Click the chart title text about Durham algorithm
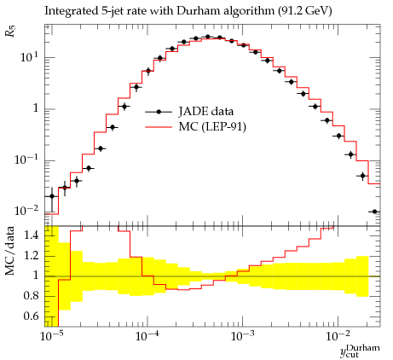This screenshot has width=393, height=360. pyautogui.click(x=188, y=11)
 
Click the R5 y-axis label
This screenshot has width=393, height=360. pyautogui.click(x=10, y=31)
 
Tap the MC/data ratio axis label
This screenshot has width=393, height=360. pyautogui.click(x=10, y=251)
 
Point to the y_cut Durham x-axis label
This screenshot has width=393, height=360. pyautogui.click(x=360, y=351)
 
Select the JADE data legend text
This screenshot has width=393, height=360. pyautogui.click(x=206, y=111)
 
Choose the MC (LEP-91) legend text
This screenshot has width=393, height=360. pyautogui.click(x=212, y=126)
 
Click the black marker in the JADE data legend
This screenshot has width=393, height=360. pyautogui.click(x=159, y=112)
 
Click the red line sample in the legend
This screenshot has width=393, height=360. pyautogui.click(x=159, y=127)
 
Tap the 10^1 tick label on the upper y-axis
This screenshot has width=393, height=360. pyautogui.click(x=29, y=58)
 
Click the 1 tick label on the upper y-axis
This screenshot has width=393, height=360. pyautogui.click(x=36, y=108)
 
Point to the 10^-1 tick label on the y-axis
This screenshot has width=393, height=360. pyautogui.click(x=26, y=160)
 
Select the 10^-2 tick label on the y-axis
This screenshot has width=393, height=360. pyautogui.click(x=26, y=211)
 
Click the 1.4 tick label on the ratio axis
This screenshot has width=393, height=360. pyautogui.click(x=32, y=235)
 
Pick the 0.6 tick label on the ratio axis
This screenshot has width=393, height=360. pyautogui.click(x=32, y=316)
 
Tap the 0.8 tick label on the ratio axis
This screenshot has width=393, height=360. pyautogui.click(x=32, y=296)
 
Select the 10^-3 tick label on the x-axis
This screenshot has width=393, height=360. pyautogui.click(x=242, y=336)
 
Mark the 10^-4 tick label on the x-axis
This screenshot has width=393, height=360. pyautogui.click(x=147, y=336)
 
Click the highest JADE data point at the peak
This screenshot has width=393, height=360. pyautogui.click(x=208, y=37)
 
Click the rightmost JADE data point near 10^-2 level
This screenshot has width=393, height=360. pyautogui.click(x=374, y=212)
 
